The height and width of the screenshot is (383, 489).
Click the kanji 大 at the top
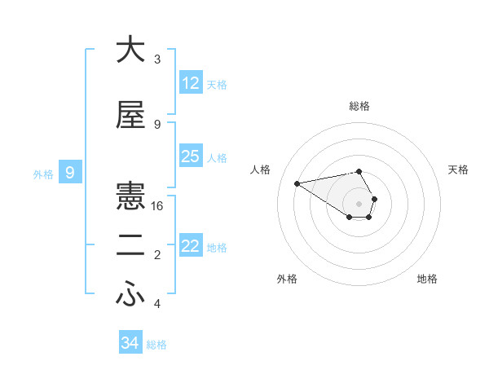(x=130, y=50)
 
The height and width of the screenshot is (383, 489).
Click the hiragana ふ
(x=130, y=296)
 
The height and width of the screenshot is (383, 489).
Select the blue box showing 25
(x=191, y=156)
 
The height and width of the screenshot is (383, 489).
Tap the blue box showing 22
(x=191, y=246)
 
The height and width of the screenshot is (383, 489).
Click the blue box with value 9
(x=70, y=173)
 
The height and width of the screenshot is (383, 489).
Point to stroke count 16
(x=157, y=206)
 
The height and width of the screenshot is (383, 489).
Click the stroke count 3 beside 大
(x=157, y=59)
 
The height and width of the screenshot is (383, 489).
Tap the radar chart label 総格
(x=359, y=106)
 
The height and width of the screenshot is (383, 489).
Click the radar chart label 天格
(x=458, y=169)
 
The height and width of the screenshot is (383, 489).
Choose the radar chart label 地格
(x=427, y=279)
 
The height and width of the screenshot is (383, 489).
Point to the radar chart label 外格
(x=287, y=279)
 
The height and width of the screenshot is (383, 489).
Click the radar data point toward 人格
(x=297, y=183)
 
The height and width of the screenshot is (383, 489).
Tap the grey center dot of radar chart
(x=359, y=203)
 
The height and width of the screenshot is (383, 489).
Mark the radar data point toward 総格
(x=359, y=171)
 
